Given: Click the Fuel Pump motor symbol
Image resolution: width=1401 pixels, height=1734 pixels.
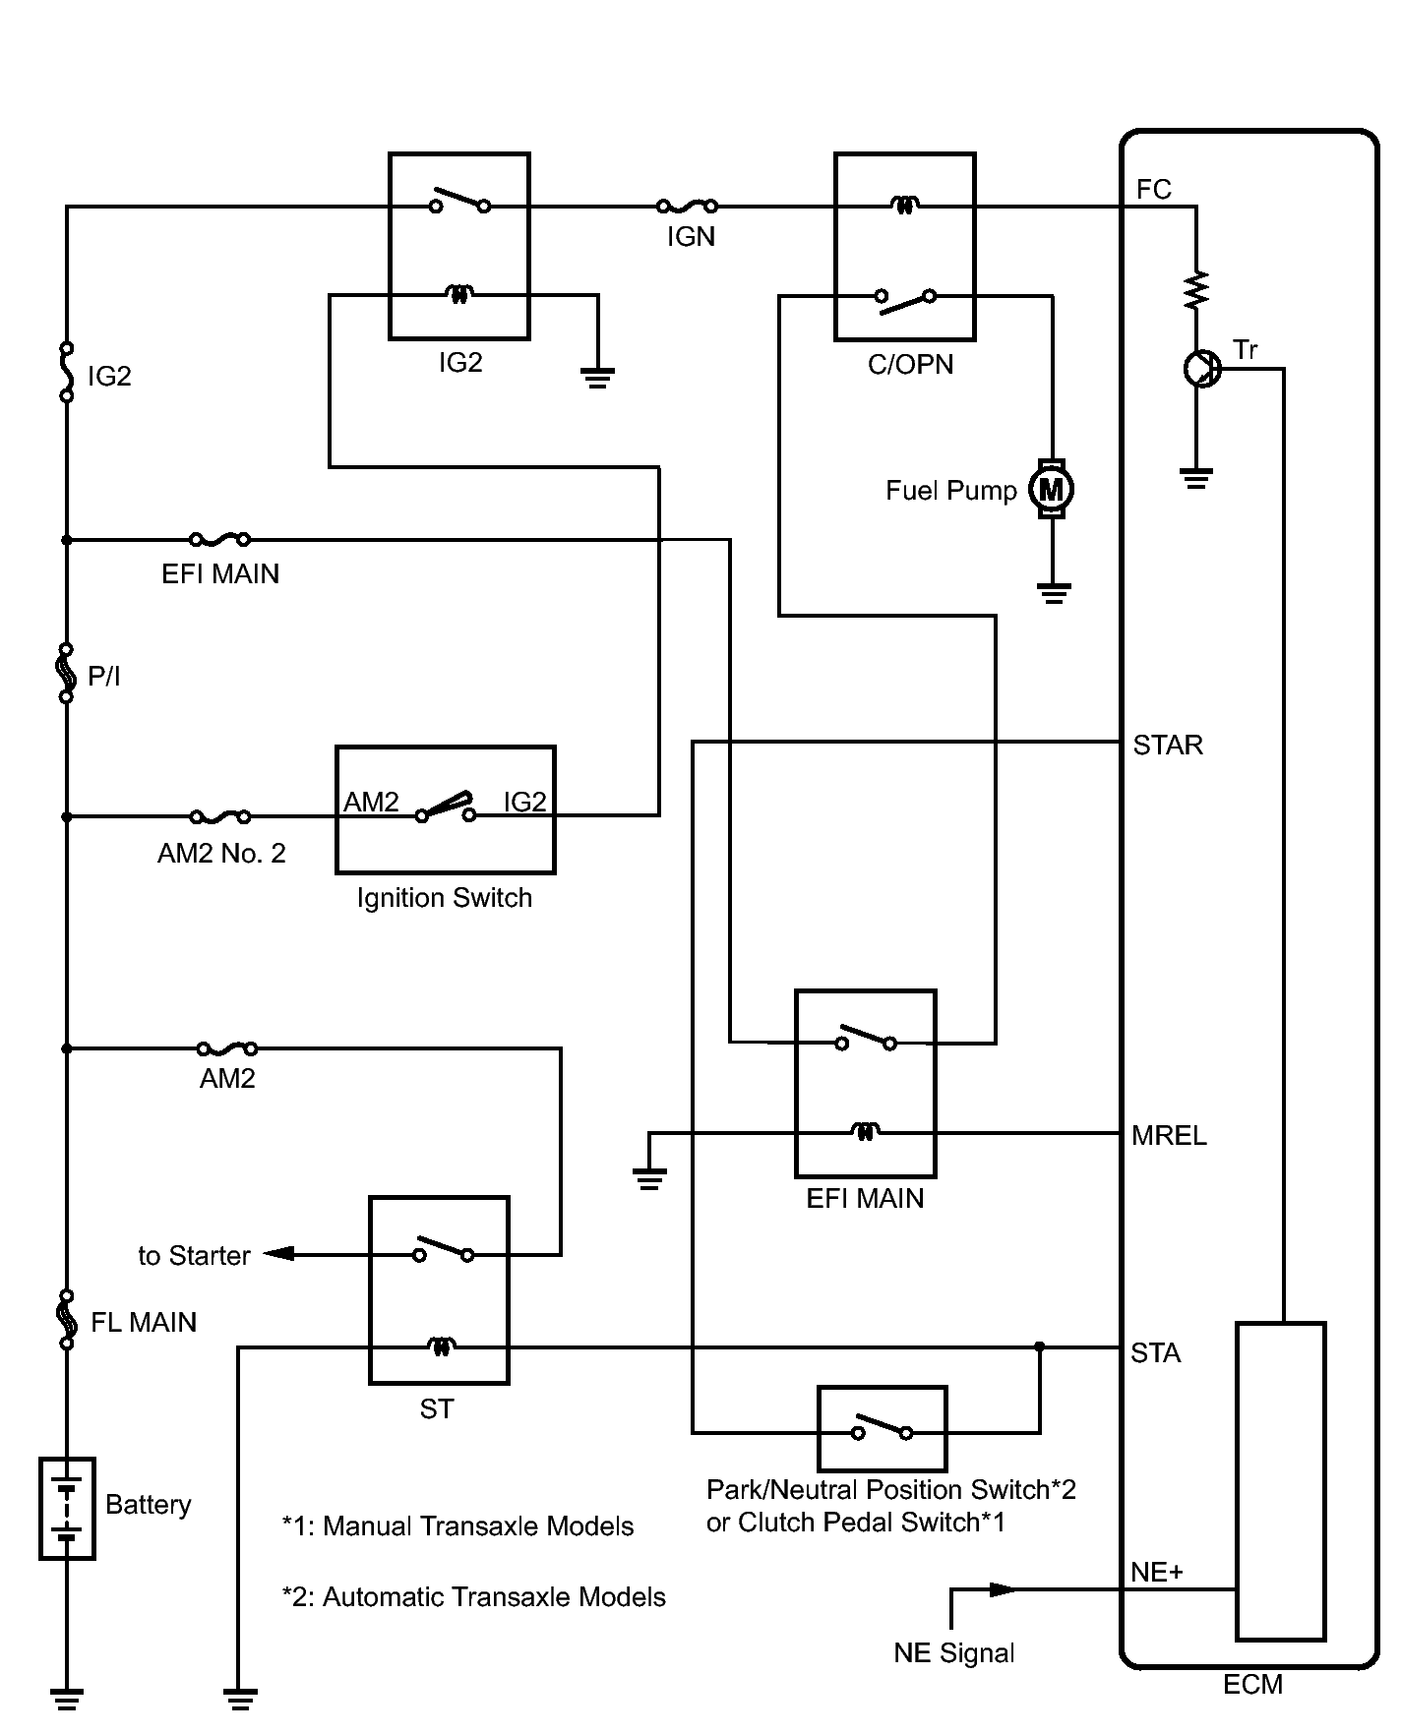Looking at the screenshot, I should pyautogui.click(x=1052, y=489).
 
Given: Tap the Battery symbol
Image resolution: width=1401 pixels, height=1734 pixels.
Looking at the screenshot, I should pyautogui.click(x=67, y=1508).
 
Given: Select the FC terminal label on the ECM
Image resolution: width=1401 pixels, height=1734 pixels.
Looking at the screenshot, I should pyautogui.click(x=1153, y=189).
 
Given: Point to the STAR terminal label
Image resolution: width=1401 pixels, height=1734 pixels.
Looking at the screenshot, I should pyautogui.click(x=1168, y=746).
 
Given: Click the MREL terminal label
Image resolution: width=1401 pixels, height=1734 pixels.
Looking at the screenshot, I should pyautogui.click(x=1169, y=1136).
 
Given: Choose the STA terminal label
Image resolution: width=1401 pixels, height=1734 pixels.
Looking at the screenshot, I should pyautogui.click(x=1155, y=1353).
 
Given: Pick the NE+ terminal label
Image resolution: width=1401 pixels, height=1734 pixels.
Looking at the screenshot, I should pyautogui.click(x=1157, y=1572).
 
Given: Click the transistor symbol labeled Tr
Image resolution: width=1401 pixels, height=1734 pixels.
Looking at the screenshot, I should pyautogui.click(x=1200, y=370).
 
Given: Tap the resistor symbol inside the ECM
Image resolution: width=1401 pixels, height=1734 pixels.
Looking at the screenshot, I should pyautogui.click(x=1196, y=290).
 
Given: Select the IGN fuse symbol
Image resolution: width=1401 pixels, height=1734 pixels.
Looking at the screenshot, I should pyautogui.click(x=687, y=207).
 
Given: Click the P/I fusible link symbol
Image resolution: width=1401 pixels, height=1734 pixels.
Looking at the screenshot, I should pyautogui.click(x=67, y=673).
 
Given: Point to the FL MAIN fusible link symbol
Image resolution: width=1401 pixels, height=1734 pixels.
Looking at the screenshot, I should pyautogui.click(x=67, y=1320).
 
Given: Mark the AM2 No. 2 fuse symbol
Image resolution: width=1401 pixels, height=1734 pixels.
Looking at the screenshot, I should pyautogui.click(x=219, y=816).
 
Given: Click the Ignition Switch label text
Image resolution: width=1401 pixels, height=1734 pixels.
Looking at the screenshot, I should pyautogui.click(x=444, y=898).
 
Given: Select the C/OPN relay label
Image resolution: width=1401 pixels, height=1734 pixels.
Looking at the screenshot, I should pyautogui.click(x=910, y=365).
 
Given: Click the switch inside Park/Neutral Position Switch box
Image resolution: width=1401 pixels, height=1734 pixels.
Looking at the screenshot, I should pyautogui.click(x=883, y=1429).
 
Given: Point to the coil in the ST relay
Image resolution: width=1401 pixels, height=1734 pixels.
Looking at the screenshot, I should pyautogui.click(x=441, y=1345).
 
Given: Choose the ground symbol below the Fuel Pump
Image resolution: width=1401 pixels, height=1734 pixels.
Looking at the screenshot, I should pyautogui.click(x=1053, y=593).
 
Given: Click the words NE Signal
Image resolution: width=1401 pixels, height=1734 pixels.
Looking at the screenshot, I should pyautogui.click(x=953, y=1653).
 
